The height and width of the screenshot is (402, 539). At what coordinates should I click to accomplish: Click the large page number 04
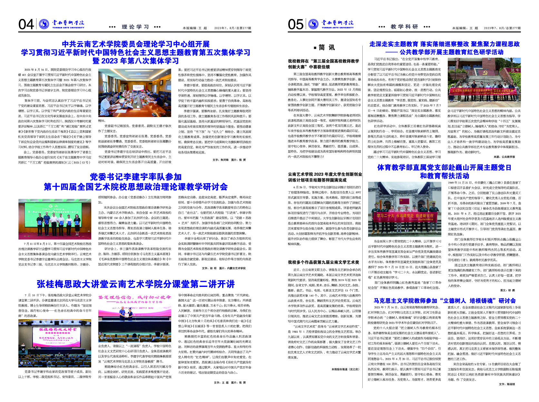tap(26, 25)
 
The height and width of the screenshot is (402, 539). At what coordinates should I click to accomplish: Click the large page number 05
tap(295, 25)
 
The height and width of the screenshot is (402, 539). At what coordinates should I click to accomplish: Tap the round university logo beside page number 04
tap(44, 24)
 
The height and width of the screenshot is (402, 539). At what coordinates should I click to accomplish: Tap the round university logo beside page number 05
tap(313, 24)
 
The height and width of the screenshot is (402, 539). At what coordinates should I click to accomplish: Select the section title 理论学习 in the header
tap(135, 27)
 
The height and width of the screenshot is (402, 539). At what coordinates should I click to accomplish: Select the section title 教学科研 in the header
tap(404, 27)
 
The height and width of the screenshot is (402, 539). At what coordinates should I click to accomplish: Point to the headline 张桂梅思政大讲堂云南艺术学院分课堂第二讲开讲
tap(136, 284)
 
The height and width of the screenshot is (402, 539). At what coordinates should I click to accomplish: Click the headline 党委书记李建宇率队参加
tap(136, 177)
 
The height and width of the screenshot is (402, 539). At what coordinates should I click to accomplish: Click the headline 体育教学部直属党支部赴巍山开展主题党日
tap(444, 168)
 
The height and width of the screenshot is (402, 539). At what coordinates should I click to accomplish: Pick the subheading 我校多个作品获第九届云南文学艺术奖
tap(323, 262)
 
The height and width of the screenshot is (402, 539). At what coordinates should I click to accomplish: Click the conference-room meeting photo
tap(134, 93)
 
